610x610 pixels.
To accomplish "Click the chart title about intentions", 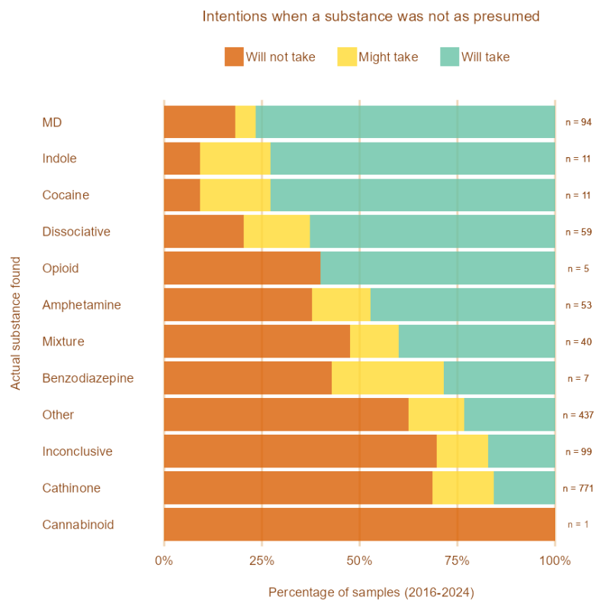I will pyautogui.click(x=371, y=16).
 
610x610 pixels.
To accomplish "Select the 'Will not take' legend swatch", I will pyautogui.click(x=234, y=56).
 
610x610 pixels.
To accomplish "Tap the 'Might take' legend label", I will pyautogui.click(x=388, y=56).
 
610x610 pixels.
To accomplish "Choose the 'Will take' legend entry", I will pyautogui.click(x=485, y=56).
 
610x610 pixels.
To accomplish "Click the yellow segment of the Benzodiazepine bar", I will pyautogui.click(x=387, y=378).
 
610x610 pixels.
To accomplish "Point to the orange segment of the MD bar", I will pyautogui.click(x=199, y=122).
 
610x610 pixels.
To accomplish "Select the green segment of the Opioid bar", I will pyautogui.click(x=437, y=268).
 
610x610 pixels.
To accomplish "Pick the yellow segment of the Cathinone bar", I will pyautogui.click(x=463, y=488).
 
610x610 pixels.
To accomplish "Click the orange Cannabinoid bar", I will pyautogui.click(x=359, y=525).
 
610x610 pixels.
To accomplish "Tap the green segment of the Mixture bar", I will pyautogui.click(x=477, y=342).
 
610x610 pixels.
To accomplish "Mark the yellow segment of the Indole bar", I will pyautogui.click(x=235, y=159).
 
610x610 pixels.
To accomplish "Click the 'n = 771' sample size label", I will pyautogui.click(x=578, y=488).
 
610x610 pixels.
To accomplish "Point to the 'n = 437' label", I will pyautogui.click(x=578, y=415).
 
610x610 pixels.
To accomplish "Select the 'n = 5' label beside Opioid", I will pyautogui.click(x=578, y=268).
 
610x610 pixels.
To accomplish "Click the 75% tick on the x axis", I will pyautogui.click(x=457, y=561).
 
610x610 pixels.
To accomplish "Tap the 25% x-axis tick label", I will pyautogui.click(x=262, y=561).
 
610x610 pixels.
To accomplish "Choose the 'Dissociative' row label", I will pyautogui.click(x=76, y=232).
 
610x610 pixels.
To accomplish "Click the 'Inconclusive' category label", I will pyautogui.click(x=77, y=451).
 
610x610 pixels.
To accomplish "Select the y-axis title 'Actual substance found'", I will pyautogui.click(x=16, y=323).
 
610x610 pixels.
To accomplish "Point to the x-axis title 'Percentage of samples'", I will pyautogui.click(x=371, y=592).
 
